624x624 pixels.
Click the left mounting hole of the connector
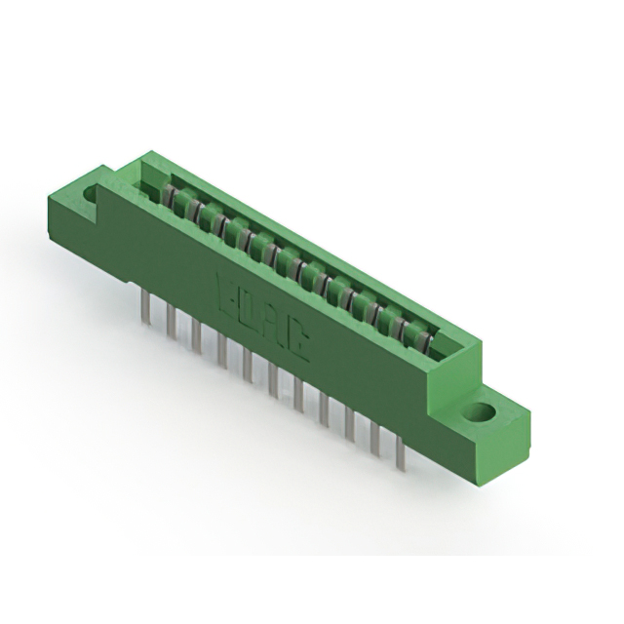91,195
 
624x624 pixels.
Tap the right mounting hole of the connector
478,411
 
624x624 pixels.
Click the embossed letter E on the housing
223,290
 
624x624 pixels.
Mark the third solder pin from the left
196,332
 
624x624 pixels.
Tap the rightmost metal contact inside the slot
422,337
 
